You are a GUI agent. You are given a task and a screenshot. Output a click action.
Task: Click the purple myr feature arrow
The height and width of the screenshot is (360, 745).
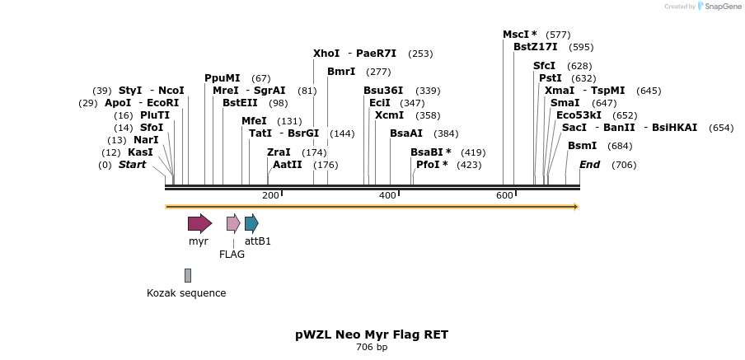click(x=199, y=223)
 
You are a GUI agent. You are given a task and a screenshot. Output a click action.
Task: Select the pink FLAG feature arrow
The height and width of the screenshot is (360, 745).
click(x=233, y=223)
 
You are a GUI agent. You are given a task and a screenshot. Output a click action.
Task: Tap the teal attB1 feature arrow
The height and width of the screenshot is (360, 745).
click(x=251, y=223)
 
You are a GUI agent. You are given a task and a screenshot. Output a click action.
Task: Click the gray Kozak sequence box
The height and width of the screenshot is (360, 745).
click(x=188, y=275)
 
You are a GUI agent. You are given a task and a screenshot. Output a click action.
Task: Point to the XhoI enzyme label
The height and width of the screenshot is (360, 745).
click(x=326, y=54)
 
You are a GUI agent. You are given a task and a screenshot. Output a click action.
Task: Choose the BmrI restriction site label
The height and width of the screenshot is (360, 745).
click(x=341, y=72)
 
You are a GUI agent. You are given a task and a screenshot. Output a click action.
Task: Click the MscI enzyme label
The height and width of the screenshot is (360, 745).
click(x=519, y=35)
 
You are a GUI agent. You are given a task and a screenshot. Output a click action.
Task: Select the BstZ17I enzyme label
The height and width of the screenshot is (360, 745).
click(x=535, y=47)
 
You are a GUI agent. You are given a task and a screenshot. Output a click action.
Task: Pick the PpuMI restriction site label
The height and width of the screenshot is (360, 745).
click(x=222, y=78)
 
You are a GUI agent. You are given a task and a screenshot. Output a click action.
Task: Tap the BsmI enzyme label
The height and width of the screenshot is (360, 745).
click(x=582, y=146)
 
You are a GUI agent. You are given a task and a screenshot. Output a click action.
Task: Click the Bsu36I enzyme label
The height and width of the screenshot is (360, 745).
click(x=383, y=91)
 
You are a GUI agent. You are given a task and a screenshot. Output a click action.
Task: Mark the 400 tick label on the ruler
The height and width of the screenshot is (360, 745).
click(x=387, y=195)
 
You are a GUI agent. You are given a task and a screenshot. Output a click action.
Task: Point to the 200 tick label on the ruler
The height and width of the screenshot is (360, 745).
click(x=270, y=195)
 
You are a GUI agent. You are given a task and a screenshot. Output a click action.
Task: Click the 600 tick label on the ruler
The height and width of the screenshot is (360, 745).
click(x=504, y=195)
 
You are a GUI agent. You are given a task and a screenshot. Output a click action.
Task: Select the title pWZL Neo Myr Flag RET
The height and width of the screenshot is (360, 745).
click(x=372, y=334)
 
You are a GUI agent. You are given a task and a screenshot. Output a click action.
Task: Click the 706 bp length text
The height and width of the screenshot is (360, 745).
click(x=372, y=348)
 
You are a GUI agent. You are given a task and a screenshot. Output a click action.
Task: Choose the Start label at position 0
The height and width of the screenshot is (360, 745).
click(x=132, y=165)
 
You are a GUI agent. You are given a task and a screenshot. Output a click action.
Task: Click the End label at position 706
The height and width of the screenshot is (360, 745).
click(x=589, y=165)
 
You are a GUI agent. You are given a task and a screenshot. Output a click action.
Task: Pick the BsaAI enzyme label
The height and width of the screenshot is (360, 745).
click(x=406, y=133)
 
